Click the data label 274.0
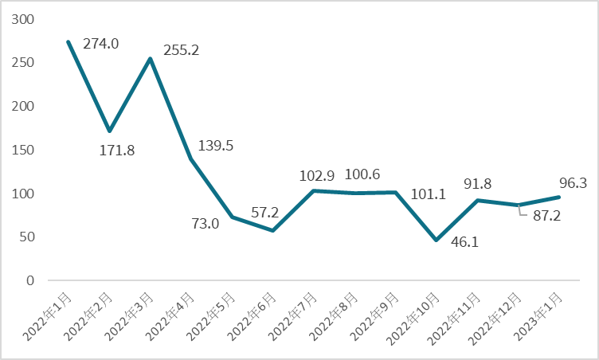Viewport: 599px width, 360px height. [x=100, y=44]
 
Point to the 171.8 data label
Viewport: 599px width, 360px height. [x=115, y=150]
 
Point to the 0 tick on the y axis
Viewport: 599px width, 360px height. [x=31, y=280]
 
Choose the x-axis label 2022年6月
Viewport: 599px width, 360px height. [x=256, y=317]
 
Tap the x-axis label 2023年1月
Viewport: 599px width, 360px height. [x=542, y=317]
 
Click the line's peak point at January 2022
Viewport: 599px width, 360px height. [x=69, y=41]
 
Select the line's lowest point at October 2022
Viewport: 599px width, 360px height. [x=437, y=240]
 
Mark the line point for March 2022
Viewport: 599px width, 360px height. [x=151, y=58]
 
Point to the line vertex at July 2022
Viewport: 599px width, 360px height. [x=314, y=190]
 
